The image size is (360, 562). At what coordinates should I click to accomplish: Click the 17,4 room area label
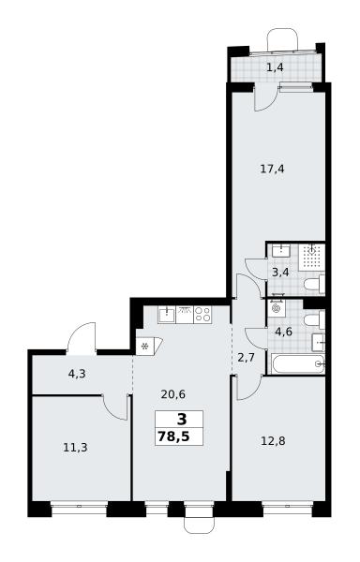click(272, 168)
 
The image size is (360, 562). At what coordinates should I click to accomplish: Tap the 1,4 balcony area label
click(275, 67)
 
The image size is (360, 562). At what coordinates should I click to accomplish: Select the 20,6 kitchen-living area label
click(173, 394)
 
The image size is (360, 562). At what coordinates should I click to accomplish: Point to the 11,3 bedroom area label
click(75, 448)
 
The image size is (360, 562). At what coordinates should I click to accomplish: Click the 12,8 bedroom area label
click(273, 440)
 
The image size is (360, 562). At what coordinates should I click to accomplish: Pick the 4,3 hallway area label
click(77, 374)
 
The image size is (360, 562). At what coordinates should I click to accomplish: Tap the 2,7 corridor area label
click(246, 358)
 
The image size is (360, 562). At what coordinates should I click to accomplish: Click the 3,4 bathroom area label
click(280, 273)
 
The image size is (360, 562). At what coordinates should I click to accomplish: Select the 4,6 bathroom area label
click(284, 332)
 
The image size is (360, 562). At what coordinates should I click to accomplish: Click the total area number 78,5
click(173, 436)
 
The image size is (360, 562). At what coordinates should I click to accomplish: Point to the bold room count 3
click(182, 419)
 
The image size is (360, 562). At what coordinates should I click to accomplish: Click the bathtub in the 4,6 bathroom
click(298, 364)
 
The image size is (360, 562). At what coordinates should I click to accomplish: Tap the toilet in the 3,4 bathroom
click(314, 284)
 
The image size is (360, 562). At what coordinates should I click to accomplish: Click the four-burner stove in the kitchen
click(202, 315)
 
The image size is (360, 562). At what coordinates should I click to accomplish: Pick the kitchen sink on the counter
click(167, 315)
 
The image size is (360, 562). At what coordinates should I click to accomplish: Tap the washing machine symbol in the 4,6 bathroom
click(277, 308)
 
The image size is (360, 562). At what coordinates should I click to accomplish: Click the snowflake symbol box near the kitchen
click(145, 347)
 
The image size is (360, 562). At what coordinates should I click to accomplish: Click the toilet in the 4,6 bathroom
click(314, 320)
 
